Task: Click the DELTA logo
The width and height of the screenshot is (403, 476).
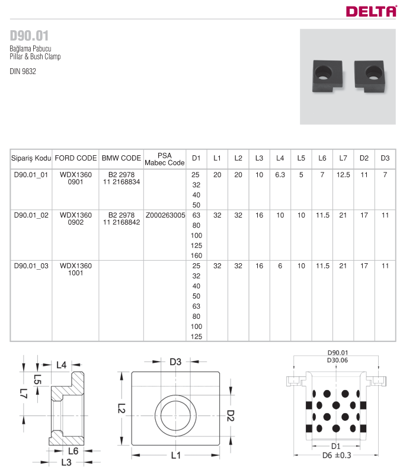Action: click(372, 10)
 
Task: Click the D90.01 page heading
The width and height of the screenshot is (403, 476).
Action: click(29, 34)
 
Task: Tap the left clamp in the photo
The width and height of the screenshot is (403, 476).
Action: click(327, 76)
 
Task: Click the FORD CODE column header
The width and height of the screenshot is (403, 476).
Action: click(75, 158)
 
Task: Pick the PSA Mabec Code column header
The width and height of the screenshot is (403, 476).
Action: click(165, 158)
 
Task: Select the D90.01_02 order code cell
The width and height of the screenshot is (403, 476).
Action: click(30, 215)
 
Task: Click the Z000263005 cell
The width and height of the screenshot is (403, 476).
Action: click(165, 215)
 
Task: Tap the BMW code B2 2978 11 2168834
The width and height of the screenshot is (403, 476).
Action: click(120, 178)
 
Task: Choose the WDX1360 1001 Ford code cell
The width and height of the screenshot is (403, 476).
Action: click(75, 270)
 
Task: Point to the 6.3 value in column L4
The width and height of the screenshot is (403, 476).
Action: click(280, 175)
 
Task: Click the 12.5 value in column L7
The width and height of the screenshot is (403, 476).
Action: click(343, 175)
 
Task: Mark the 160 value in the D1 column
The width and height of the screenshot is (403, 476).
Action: click(197, 255)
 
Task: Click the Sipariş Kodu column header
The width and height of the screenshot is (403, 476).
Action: click(31, 158)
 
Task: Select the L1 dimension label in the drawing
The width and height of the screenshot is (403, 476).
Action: click(175, 455)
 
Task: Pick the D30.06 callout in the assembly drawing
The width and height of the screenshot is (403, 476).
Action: click(337, 360)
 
